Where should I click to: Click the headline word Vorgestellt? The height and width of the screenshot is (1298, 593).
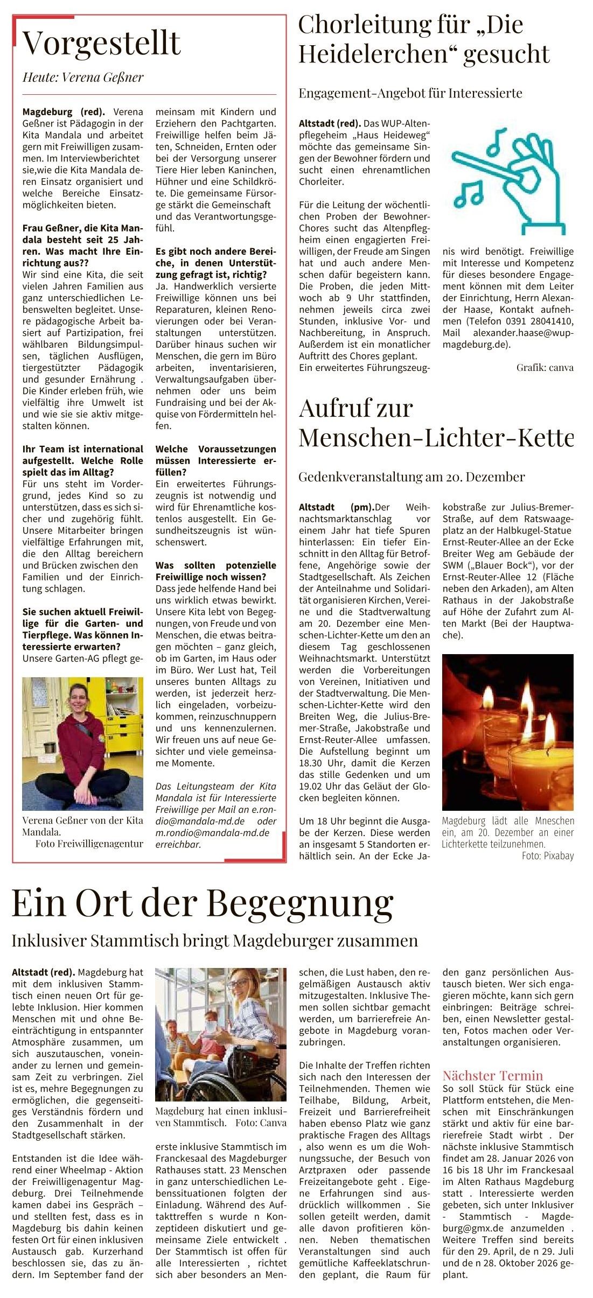coord(101,43)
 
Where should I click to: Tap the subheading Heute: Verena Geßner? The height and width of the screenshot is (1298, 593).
coord(83,78)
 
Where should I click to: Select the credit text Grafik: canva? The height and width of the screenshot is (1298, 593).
coord(545,368)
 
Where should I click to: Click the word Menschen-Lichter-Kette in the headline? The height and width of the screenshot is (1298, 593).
coord(436,437)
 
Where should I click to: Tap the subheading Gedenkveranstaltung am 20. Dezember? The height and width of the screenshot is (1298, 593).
coord(411,476)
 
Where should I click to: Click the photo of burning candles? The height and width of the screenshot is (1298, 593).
coord(507,732)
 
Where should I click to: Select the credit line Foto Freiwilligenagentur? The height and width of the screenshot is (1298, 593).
coord(89,844)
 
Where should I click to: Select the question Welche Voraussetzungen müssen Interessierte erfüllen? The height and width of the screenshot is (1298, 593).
coord(215,460)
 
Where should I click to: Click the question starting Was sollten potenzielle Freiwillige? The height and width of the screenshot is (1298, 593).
coord(215,571)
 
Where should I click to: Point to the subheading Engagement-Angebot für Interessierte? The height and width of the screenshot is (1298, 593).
coord(410,93)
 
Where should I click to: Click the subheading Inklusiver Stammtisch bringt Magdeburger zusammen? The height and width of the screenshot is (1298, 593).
coord(214,941)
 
